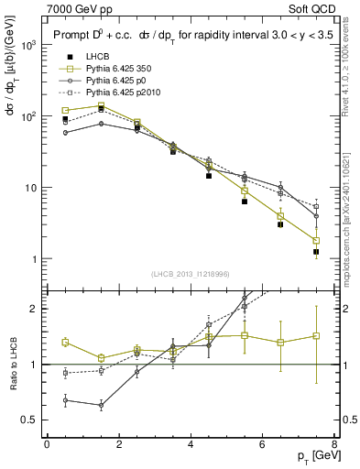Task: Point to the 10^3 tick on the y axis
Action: pos(30,45)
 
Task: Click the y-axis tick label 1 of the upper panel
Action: pos(35,259)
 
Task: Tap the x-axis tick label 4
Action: pos(191,444)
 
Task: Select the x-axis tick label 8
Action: pos(334,444)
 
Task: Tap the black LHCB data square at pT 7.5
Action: pos(316,252)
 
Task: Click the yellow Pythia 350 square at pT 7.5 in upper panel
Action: pos(316,241)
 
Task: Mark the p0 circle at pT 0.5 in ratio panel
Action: pos(65,399)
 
